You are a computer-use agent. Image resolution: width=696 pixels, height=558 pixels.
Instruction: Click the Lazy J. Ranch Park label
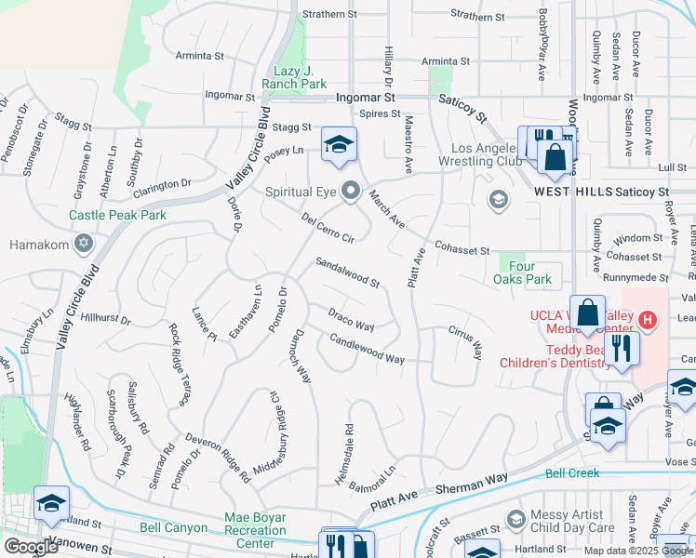tap(300, 77)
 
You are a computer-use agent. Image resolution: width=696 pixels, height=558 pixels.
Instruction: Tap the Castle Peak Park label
tap(117, 215)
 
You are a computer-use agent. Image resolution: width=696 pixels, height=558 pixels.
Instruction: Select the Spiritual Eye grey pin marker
tap(351, 192)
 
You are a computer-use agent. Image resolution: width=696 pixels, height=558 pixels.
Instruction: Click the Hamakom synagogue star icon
tap(83, 245)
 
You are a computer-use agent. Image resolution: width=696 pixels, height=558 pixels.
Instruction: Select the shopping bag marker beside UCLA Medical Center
tap(588, 314)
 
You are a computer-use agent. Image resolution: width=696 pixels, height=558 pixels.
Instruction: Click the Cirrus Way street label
tap(465, 342)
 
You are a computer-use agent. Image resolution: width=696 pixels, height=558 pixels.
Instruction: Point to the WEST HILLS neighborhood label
tap(571, 191)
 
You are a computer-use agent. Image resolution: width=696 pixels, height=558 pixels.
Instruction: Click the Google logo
tap(30, 547)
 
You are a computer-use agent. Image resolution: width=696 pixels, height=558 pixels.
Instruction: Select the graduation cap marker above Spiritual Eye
tap(340, 144)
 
